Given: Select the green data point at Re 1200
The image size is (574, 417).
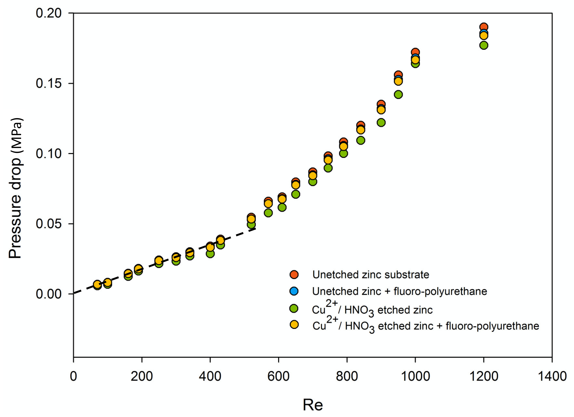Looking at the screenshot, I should click(484, 46).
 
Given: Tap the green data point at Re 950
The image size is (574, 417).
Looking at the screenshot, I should click(398, 95).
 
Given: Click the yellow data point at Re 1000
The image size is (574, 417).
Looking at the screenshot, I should click(415, 60).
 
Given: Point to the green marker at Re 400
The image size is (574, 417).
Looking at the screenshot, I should click(210, 254).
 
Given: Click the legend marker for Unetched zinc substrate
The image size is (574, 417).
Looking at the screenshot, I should click(294, 275).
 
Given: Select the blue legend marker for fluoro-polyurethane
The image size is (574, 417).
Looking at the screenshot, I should click(294, 291).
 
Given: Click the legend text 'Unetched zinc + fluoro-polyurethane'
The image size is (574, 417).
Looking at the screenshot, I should click(399, 291).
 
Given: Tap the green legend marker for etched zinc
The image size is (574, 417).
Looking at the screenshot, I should click(294, 309).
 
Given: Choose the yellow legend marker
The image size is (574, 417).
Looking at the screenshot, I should click(294, 325).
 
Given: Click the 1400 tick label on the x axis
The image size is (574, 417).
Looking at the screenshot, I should click(552, 376).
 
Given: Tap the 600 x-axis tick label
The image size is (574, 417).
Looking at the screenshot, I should click(278, 376).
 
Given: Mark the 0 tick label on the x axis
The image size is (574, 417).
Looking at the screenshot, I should click(73, 376).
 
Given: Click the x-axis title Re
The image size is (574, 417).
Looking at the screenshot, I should click(313, 405).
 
